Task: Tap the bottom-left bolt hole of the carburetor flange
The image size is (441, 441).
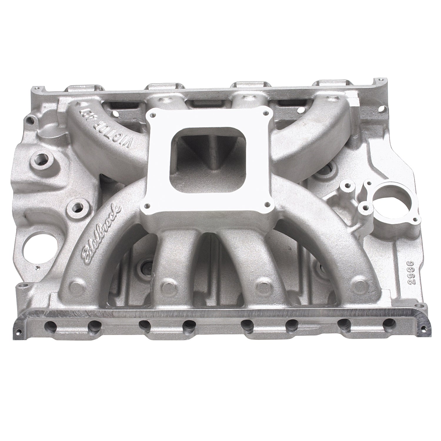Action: point(147,207)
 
